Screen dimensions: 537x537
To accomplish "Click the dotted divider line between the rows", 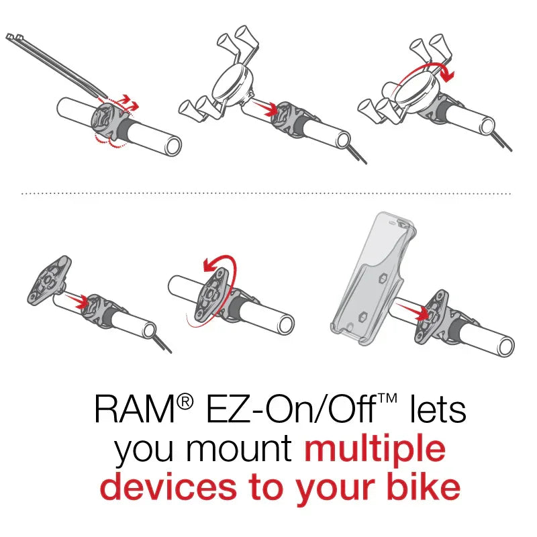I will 268,193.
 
